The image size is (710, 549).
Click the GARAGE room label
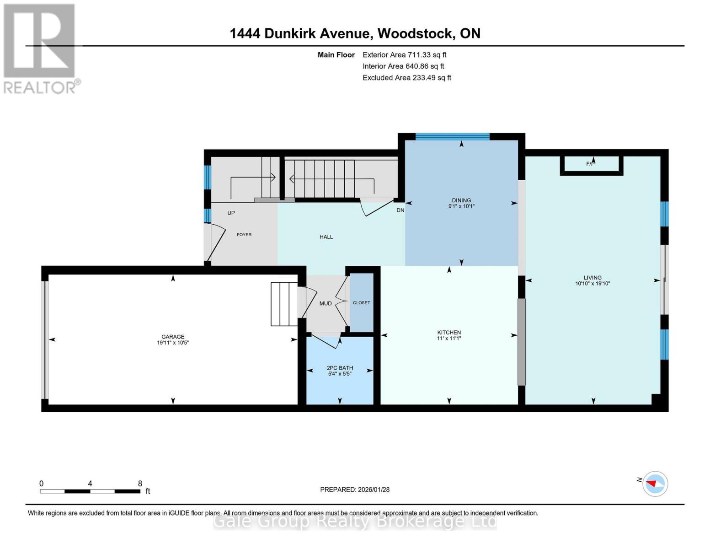pyautogui.click(x=173, y=337)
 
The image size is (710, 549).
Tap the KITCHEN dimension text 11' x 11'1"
pyautogui.click(x=449, y=339)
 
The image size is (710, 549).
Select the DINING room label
pyautogui.click(x=461, y=200)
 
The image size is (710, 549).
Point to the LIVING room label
pyautogui.click(x=593, y=278)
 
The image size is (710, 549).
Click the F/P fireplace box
pyautogui.click(x=591, y=164)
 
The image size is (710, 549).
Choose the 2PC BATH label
pyautogui.click(x=340, y=368)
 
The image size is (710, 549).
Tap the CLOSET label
pyautogui.click(x=362, y=303)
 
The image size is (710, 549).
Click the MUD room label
pyautogui.click(x=326, y=303)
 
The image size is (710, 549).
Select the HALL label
pyautogui.click(x=326, y=237)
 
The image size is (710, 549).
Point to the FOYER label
pyautogui.click(x=244, y=235)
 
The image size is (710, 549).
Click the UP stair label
pyautogui.click(x=231, y=213)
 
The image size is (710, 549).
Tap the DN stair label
pyautogui.click(x=400, y=210)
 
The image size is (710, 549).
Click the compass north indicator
pyautogui.click(x=655, y=484)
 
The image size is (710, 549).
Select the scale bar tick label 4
pyautogui.click(x=90, y=484)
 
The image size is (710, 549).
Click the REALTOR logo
pyautogui.click(x=40, y=48)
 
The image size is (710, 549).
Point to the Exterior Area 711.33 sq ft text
pyautogui.click(x=404, y=55)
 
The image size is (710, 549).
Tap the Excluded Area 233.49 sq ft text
pyautogui.click(x=406, y=78)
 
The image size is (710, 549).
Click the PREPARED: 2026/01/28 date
pyautogui.click(x=355, y=490)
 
